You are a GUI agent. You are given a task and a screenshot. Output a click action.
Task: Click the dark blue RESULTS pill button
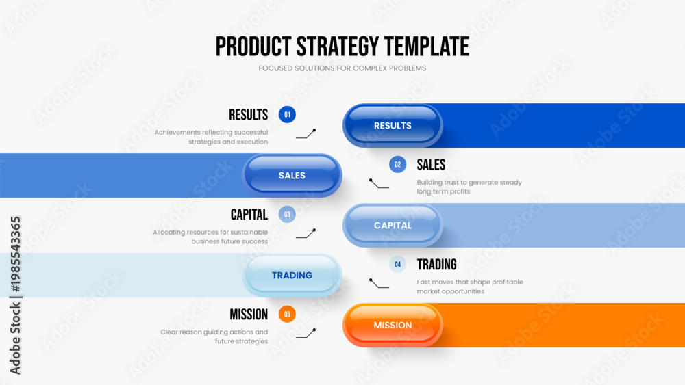tap(393, 125)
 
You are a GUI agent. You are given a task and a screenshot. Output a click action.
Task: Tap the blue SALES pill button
tap(292, 175)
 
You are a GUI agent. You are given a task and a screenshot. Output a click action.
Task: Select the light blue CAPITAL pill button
tap(393, 225)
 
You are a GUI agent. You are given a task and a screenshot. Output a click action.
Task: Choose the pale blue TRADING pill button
tap(292, 275)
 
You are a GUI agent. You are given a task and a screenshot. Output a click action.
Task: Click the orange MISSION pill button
tap(393, 325)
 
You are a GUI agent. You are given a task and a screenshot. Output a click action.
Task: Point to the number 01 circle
tap(287, 115)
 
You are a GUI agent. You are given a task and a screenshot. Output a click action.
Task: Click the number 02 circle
tap(397, 164)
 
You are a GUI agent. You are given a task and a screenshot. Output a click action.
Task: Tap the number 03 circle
tap(287, 215)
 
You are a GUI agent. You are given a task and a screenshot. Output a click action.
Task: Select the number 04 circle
tap(397, 264)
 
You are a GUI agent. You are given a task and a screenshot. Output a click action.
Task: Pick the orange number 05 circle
tap(287, 314)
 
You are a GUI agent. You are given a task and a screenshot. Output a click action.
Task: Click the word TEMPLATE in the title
tap(426, 47)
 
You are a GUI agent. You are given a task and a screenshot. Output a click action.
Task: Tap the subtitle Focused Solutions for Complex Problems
tap(342, 68)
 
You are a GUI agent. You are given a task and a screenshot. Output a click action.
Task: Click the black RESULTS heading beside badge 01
tap(248, 115)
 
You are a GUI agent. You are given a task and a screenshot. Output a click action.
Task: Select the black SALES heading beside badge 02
tap(431, 165)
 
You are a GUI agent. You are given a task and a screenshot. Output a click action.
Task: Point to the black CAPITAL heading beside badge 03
tap(249, 215)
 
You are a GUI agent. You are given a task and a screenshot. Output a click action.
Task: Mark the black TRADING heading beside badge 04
tap(436, 265)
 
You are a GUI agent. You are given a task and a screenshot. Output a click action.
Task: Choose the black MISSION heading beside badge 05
tap(249, 315)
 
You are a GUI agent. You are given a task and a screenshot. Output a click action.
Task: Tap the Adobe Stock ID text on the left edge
tap(15, 295)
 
